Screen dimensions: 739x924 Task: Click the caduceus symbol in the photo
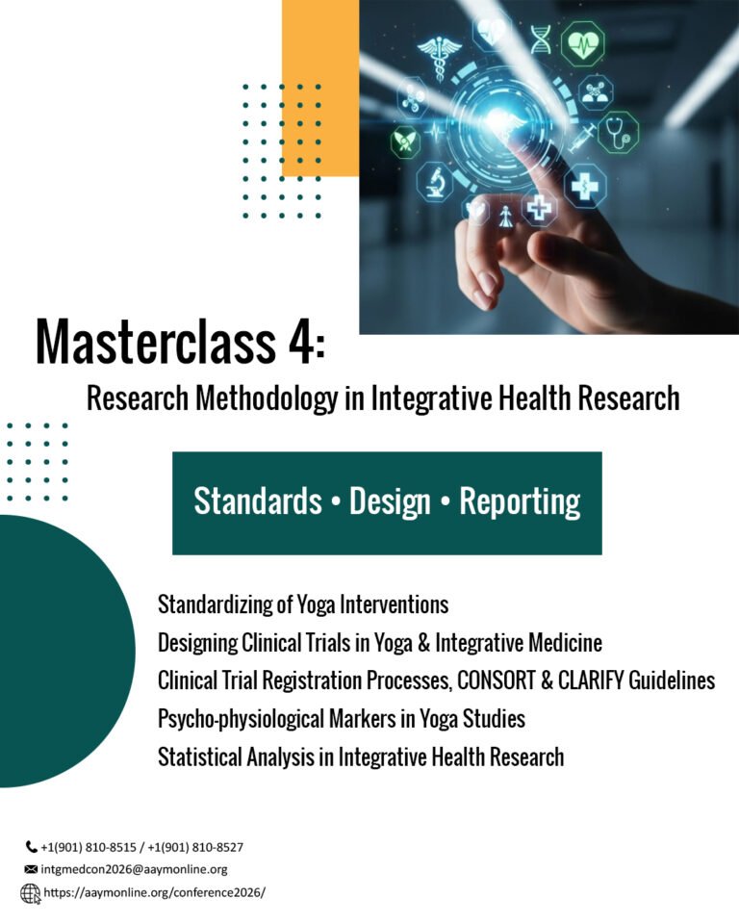[x=440, y=57]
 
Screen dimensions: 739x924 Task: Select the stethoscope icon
[x=618, y=133]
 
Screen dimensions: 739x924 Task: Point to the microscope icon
[x=436, y=182]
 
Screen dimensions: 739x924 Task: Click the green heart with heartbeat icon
[x=583, y=42]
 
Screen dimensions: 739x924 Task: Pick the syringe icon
[x=581, y=139]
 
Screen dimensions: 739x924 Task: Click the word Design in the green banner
[x=390, y=502]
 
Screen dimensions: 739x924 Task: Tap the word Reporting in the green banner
[x=520, y=502]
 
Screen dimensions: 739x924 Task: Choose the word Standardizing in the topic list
[x=217, y=605]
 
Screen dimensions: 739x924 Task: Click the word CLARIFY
[x=589, y=680]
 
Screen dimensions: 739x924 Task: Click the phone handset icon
[x=31, y=847]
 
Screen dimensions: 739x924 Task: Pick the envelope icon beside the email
[x=31, y=869]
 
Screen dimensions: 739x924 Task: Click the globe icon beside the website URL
[x=31, y=894]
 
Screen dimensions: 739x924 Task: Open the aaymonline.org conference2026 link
[x=154, y=893]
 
